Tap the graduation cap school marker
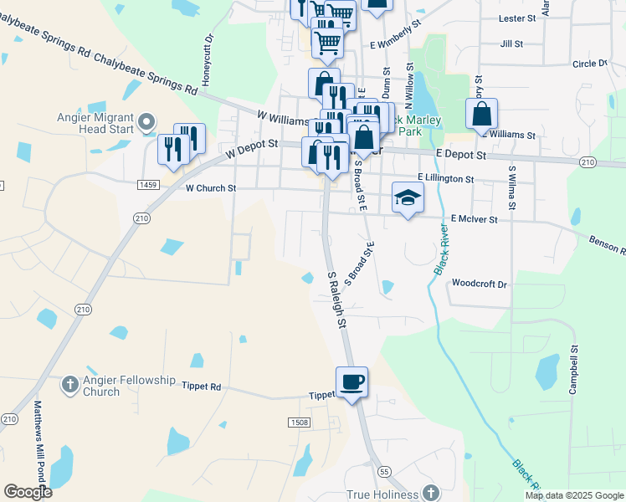tap(408, 198)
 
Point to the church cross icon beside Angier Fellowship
tap(71, 385)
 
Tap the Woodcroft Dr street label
tap(480, 284)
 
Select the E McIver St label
tap(474, 218)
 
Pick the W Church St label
tap(205, 188)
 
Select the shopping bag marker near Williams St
tap(481, 115)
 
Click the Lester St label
tap(516, 18)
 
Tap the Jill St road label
tap(511, 44)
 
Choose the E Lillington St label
tap(446, 179)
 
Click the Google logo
tap(28, 492)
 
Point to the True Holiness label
tap(382, 494)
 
